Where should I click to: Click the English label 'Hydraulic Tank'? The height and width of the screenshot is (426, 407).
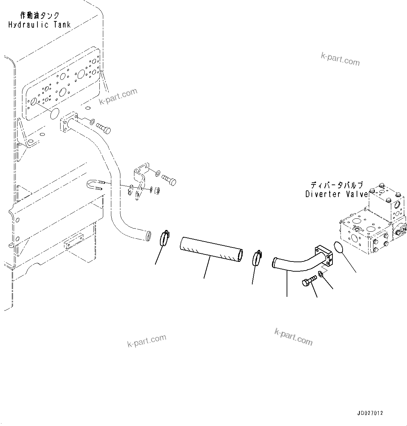[x=40, y=25]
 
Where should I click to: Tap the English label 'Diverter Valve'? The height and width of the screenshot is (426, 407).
[x=336, y=194]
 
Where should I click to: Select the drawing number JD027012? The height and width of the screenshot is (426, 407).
[x=370, y=413]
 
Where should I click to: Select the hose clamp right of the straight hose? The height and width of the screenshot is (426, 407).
[x=258, y=258]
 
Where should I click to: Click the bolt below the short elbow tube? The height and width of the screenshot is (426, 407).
[x=309, y=281]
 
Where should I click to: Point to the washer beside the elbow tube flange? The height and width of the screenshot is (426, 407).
[x=321, y=273]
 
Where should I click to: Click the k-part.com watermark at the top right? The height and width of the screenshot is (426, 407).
[x=340, y=59]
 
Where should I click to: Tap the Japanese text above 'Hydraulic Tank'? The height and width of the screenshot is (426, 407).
[x=40, y=15]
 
